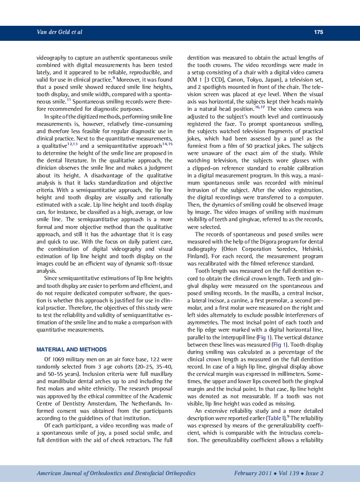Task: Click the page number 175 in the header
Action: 318,32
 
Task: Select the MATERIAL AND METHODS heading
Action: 72,349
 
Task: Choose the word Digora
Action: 263,242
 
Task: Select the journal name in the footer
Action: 116,473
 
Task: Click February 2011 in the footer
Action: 253,473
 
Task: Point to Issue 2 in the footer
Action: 315,473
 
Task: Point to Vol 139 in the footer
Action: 289,473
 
